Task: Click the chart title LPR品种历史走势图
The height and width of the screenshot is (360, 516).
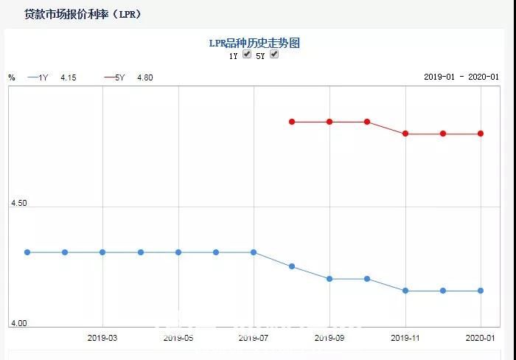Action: coord(254,44)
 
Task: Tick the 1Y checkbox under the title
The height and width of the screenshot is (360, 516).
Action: coord(247,55)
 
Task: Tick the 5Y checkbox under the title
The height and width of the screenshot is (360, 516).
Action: coord(274,55)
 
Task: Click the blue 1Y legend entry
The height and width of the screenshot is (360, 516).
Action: coord(38,77)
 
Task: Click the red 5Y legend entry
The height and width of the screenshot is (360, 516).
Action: coord(115,77)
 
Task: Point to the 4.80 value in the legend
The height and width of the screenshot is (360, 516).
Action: coord(145,77)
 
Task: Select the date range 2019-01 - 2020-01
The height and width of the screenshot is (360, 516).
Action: coord(461,77)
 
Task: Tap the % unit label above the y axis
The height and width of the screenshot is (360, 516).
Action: coord(11,77)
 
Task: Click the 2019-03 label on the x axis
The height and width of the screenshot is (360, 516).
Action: coord(102,338)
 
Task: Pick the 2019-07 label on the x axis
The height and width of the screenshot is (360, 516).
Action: coord(254,338)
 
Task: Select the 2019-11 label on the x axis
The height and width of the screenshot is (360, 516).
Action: coord(405,338)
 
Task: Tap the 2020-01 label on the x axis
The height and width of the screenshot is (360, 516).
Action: coord(481,338)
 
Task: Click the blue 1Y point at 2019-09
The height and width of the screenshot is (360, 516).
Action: coord(330,279)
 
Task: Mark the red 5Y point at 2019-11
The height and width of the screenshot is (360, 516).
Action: coord(405,134)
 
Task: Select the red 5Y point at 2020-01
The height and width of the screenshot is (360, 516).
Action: coord(481,134)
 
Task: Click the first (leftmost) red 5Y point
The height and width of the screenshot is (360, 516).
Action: coord(292,122)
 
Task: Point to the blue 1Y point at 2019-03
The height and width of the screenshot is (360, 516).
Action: coord(102,252)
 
